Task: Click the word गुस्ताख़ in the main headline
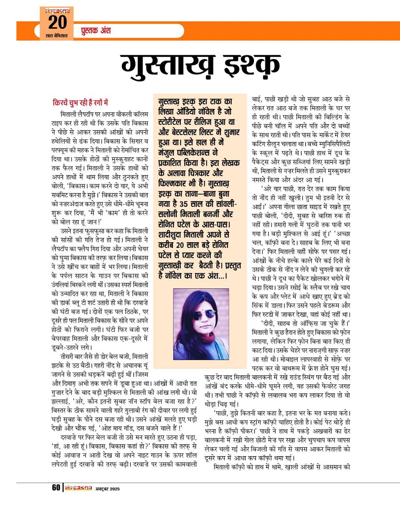(168, 67)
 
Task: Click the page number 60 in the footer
(56, 488)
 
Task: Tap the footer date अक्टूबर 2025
(107, 489)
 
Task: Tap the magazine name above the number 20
(58, 11)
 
